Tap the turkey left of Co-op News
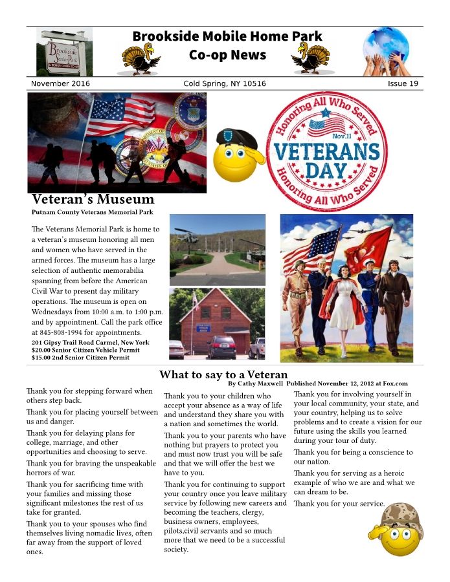pos(142,59)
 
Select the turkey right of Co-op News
pos(310,59)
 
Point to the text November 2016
pos(60,84)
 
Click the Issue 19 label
pos(403,84)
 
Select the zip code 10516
pos(253,84)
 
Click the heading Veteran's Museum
pos(93,199)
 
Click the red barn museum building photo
pos(216,323)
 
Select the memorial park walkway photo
pos(217,250)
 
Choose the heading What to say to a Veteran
pos(223,374)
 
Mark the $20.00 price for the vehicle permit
pos(42,350)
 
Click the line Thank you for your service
pos(339,504)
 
